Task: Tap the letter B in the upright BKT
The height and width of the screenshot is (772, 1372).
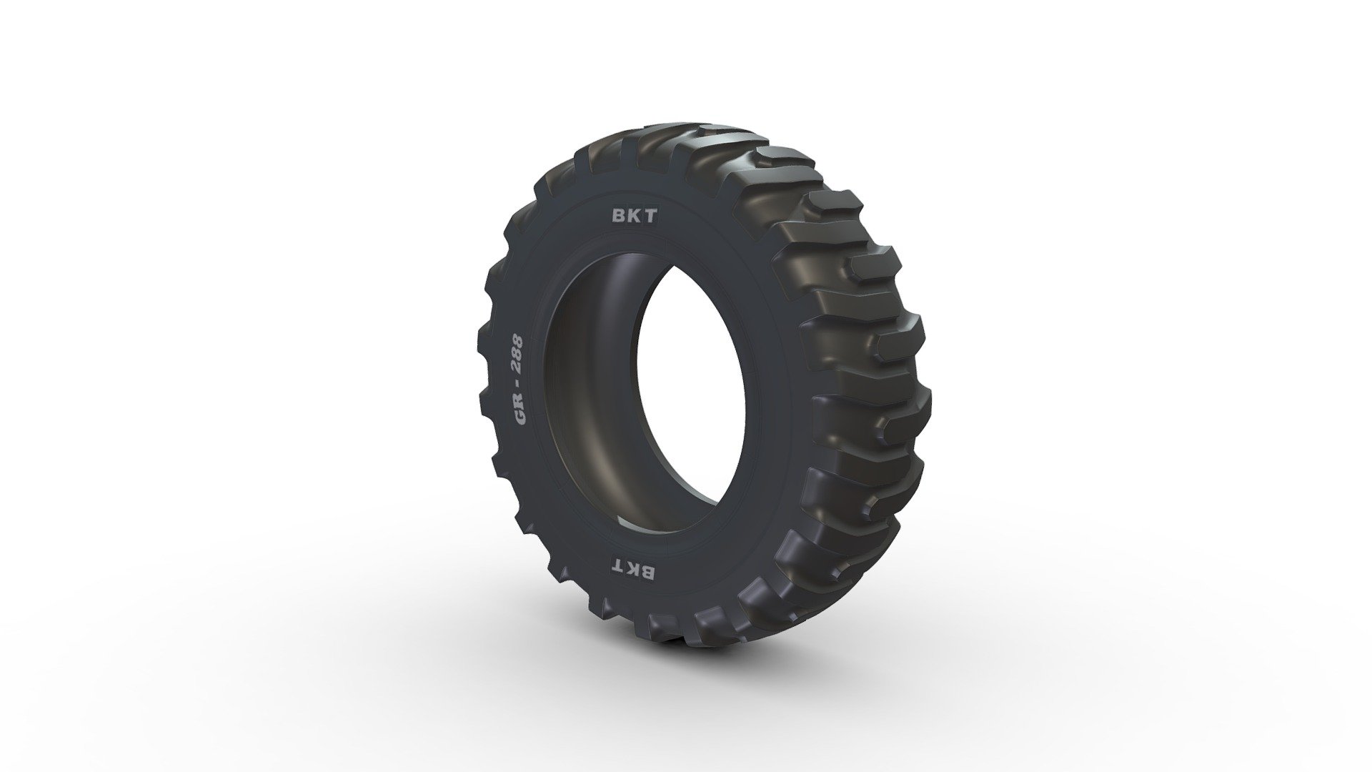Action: [616, 217]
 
